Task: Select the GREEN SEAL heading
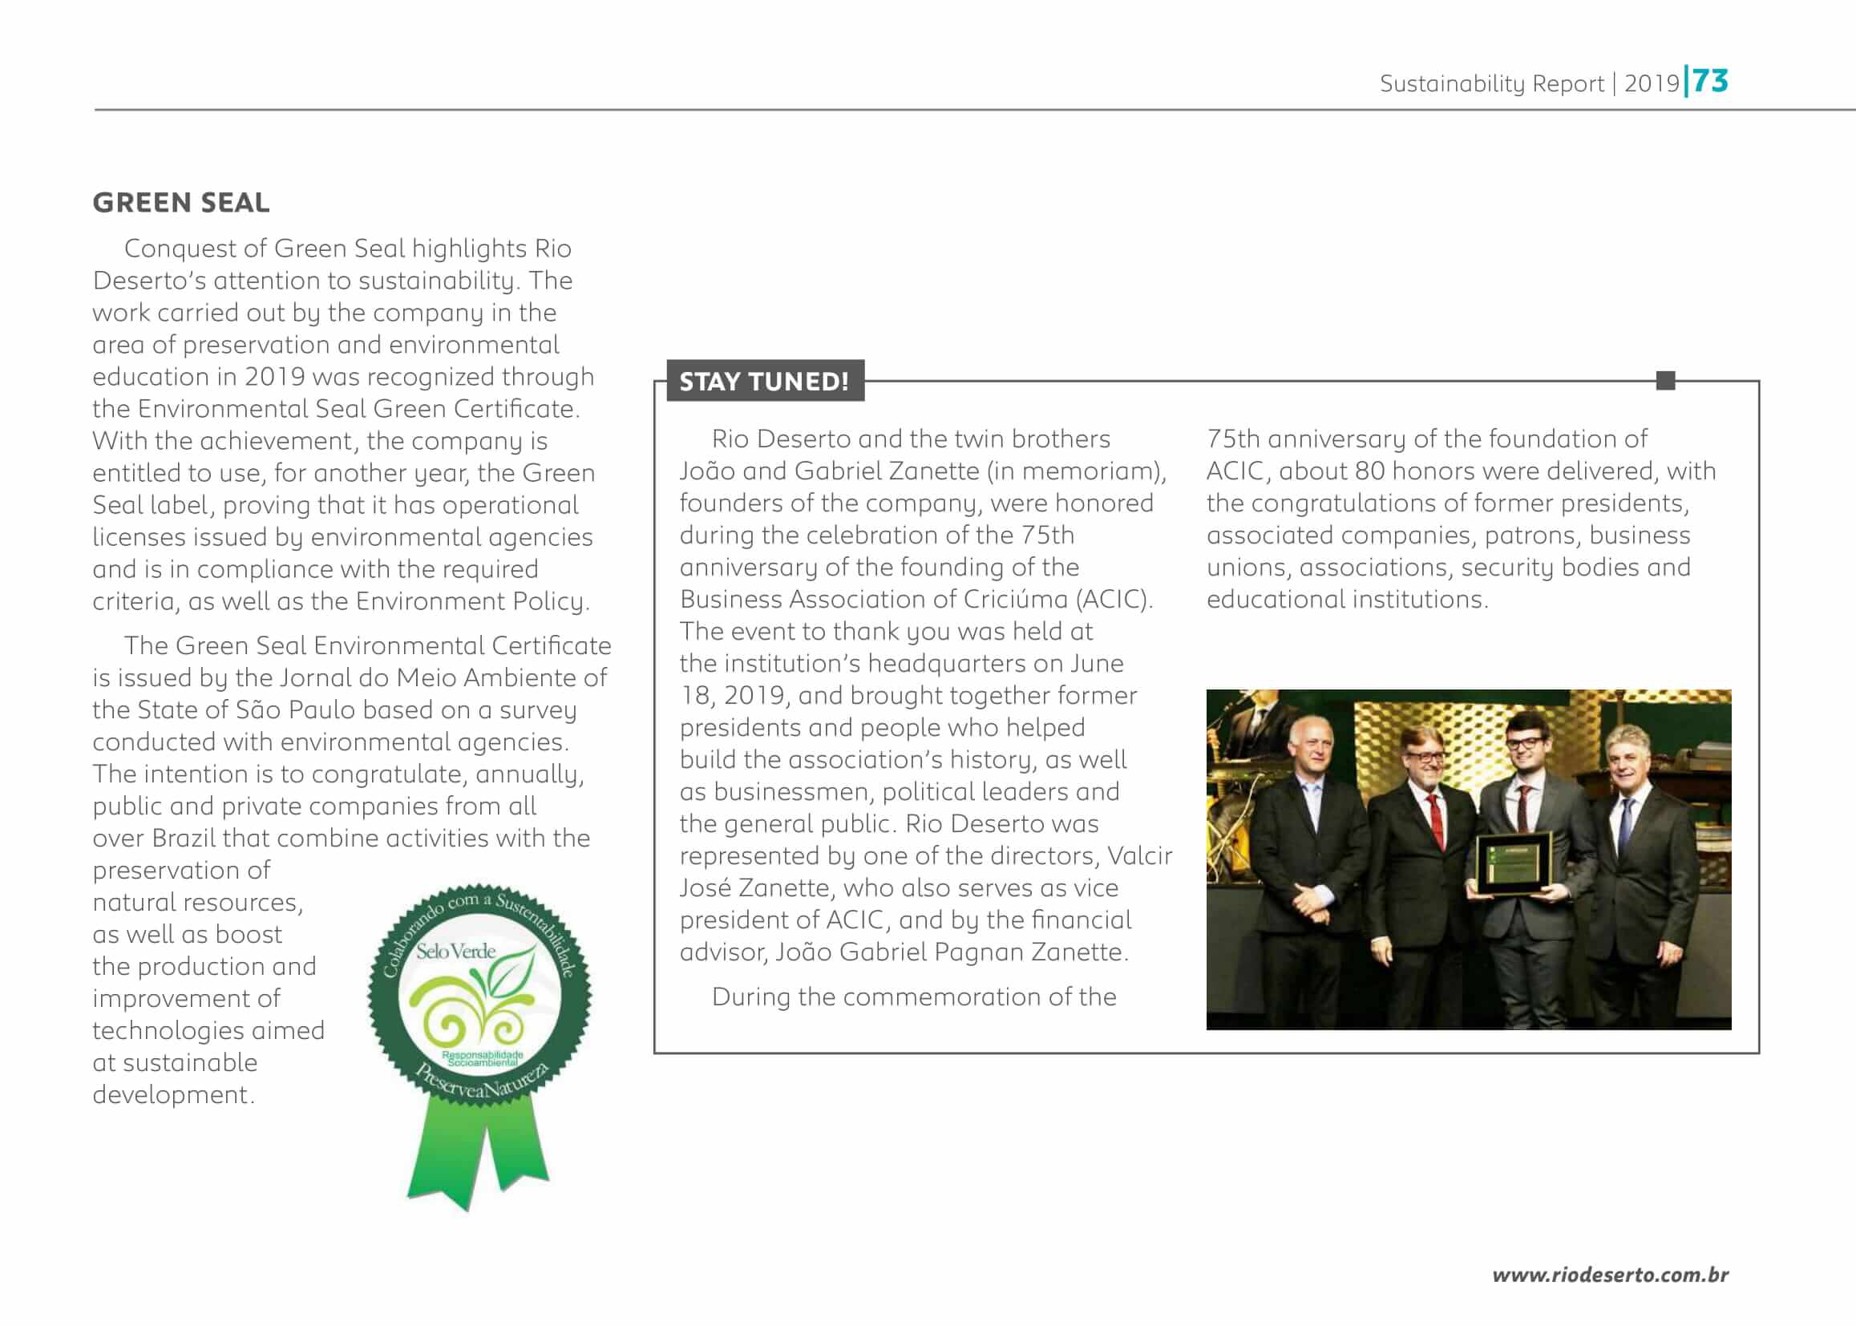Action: point(180,203)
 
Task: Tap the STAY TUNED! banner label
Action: point(763,382)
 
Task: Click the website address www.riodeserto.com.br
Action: point(1609,1275)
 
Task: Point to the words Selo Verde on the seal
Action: point(455,952)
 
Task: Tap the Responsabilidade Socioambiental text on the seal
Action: point(482,1059)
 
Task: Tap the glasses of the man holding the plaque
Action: point(1523,743)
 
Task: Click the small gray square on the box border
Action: point(1666,381)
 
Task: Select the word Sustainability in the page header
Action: point(1452,84)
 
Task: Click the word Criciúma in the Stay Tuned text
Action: point(1015,600)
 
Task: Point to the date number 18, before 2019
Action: point(695,696)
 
